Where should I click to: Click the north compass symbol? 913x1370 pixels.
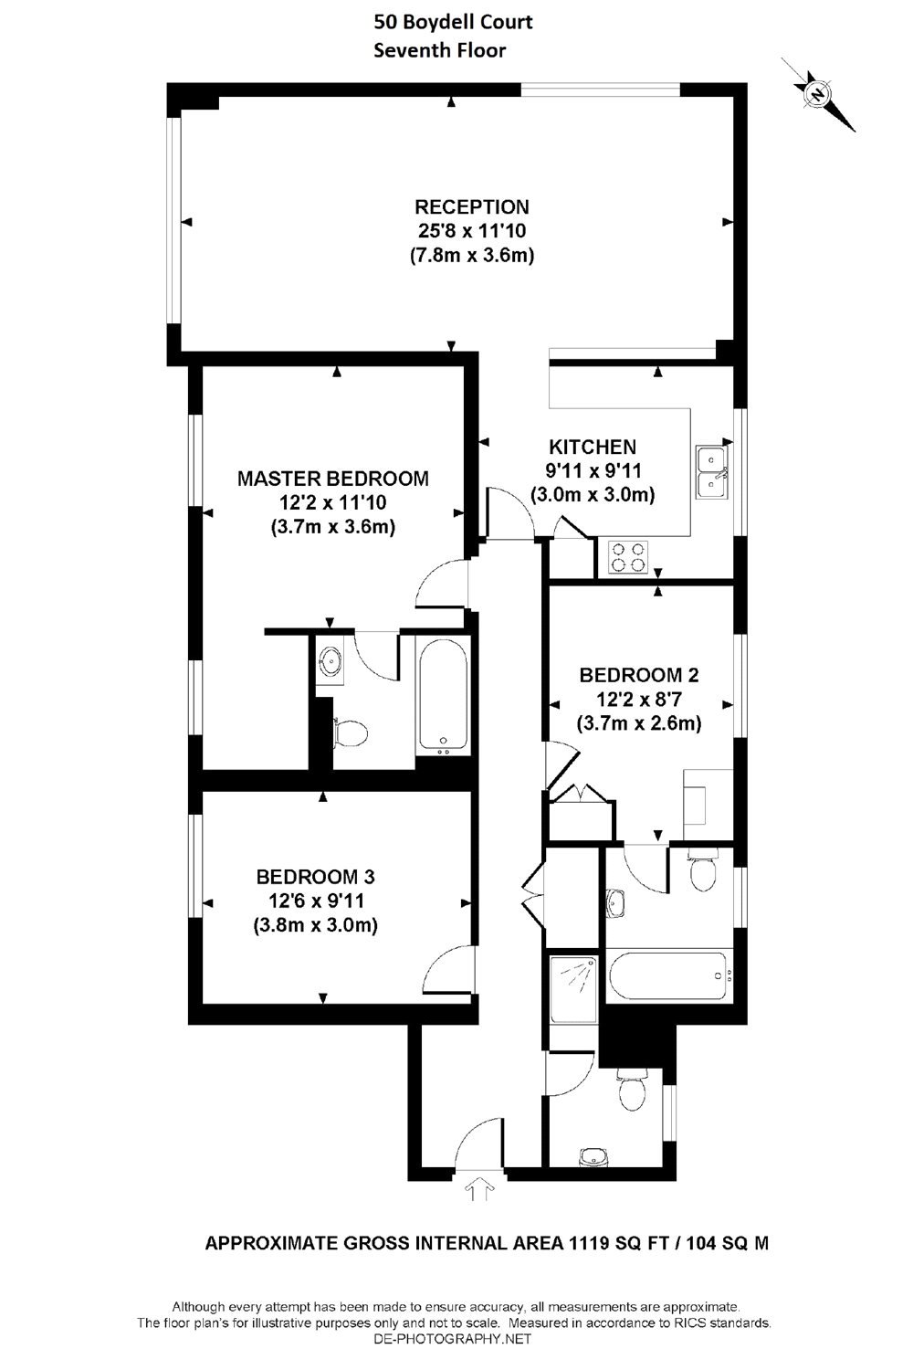817,93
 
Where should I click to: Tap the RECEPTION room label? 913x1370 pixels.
471,206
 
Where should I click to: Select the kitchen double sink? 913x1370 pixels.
712,471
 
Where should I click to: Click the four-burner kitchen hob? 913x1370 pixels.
627,557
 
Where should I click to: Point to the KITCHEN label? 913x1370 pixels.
592,448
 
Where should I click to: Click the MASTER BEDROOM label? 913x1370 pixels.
332,478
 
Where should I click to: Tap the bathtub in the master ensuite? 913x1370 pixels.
443,694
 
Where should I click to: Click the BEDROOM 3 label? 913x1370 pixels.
315,877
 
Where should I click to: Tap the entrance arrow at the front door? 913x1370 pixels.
478,1187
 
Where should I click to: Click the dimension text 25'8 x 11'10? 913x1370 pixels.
471,231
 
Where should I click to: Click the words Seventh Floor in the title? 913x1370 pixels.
439,51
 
